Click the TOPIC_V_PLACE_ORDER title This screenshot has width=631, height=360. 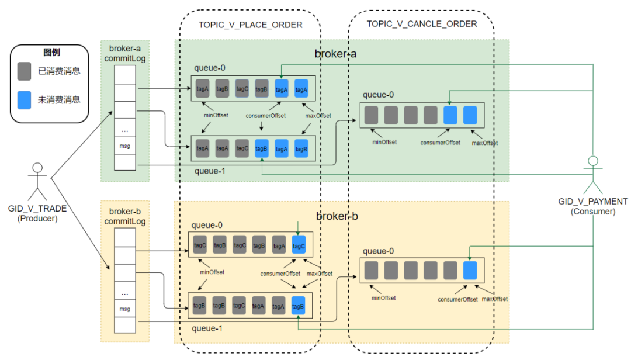pos(250,25)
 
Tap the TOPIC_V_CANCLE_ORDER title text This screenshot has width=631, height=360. pos(422,24)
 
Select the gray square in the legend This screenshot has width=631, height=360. pos(24,71)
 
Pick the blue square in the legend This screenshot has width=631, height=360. pos(24,100)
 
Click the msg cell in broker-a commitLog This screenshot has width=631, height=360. pos(125,146)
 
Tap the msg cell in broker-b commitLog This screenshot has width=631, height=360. pos(125,309)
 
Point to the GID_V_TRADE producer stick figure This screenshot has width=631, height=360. pos(37,182)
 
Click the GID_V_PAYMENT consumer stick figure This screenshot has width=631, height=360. pos(593,175)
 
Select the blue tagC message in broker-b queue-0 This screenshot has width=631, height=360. pos(299,245)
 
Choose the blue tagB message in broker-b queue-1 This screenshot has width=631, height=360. pos(298,306)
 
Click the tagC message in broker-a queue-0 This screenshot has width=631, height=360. pos(242,89)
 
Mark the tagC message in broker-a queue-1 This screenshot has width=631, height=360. pos(242,148)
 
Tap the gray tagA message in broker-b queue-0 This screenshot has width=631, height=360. pos(279,245)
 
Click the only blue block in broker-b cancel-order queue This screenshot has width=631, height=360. pos(470,270)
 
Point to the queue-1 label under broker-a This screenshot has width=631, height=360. pos(210,171)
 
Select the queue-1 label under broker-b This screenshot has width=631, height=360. pos(207,328)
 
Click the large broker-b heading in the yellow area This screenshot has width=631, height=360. pos(337,216)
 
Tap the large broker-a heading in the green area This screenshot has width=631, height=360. pos(335,54)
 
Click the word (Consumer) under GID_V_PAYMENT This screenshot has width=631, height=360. pos(593,212)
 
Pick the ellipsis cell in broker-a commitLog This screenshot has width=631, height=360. pos(125,129)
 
